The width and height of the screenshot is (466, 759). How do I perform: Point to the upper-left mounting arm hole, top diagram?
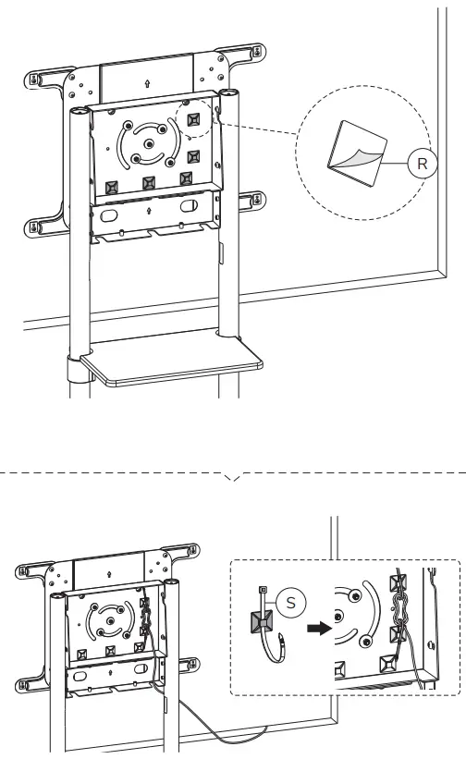[35, 79]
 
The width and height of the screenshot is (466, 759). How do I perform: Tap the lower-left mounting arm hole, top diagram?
[35, 226]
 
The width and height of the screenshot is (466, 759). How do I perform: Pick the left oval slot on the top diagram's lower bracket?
[108, 214]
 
